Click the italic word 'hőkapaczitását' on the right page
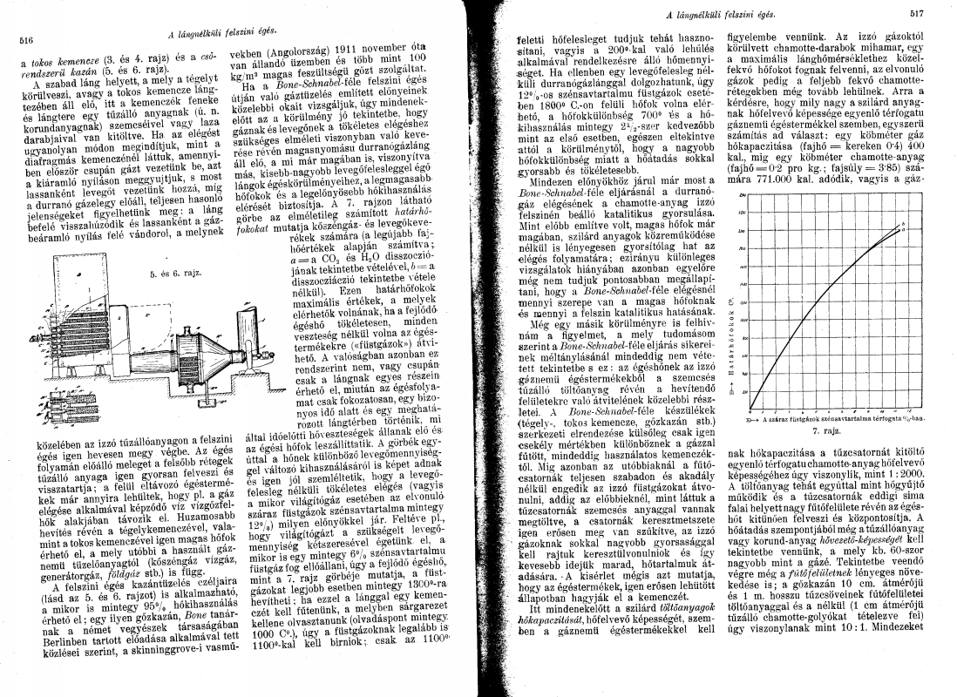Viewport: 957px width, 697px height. click(548, 646)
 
